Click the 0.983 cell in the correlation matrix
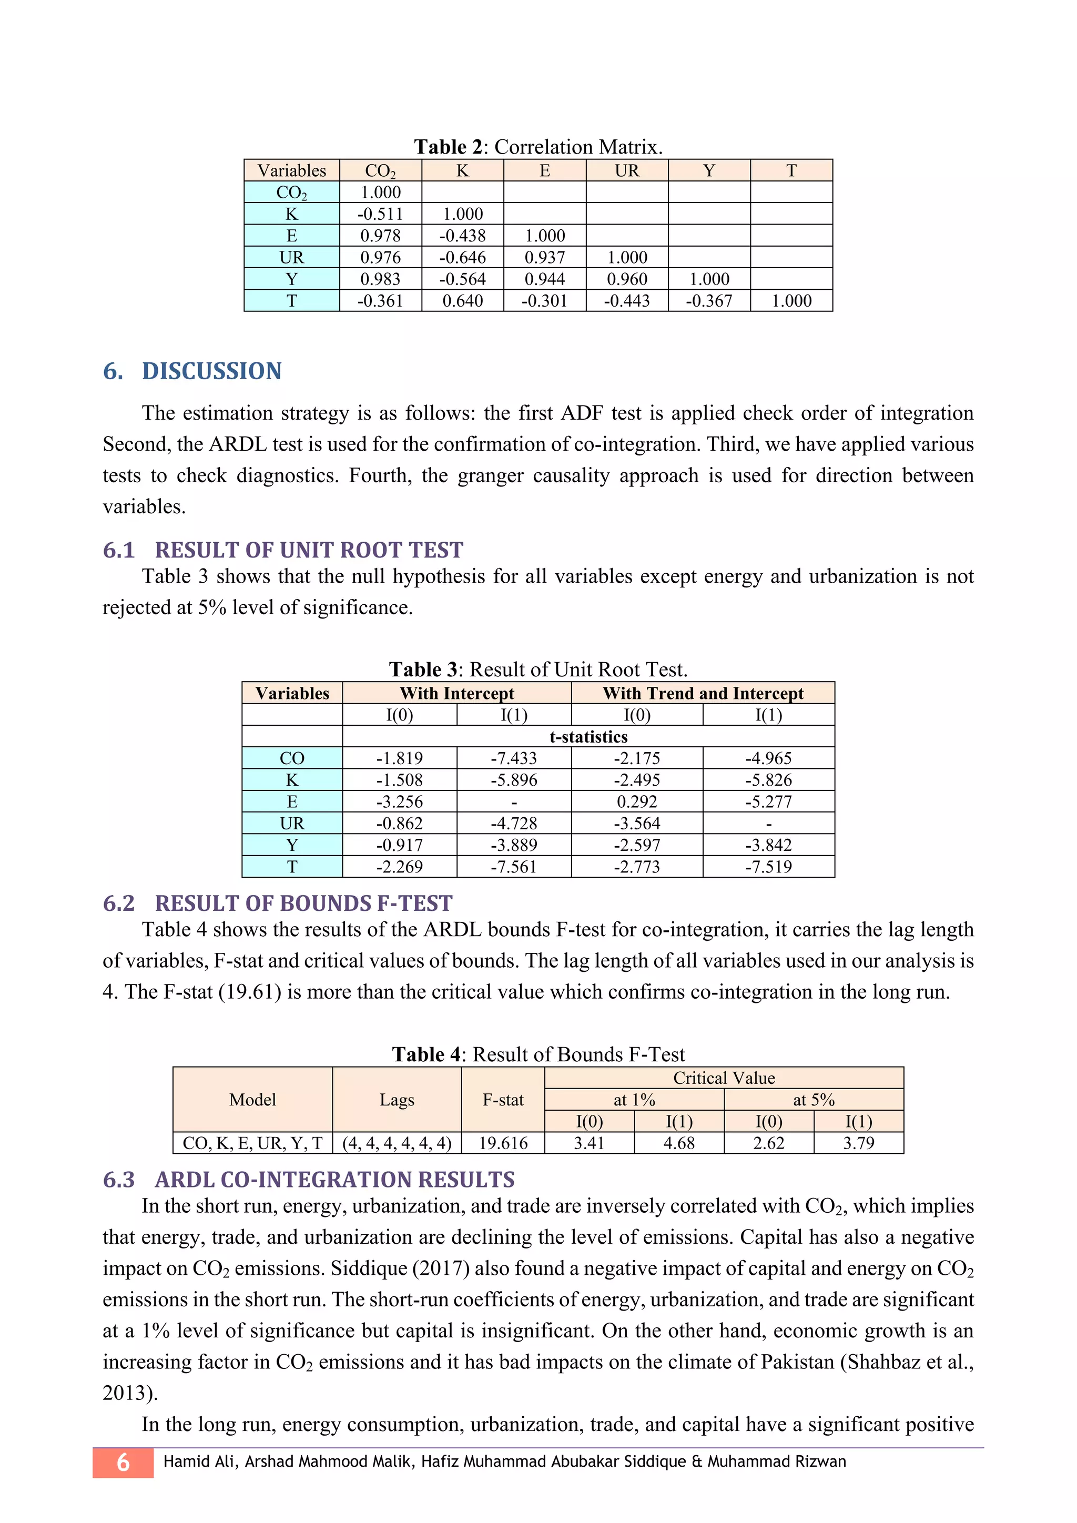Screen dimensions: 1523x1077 coord(380,279)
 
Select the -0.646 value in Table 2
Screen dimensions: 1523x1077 coord(462,257)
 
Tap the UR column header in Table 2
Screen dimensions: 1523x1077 coord(627,170)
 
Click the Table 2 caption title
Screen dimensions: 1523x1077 coord(538,147)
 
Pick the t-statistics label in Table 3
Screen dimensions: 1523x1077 coord(588,737)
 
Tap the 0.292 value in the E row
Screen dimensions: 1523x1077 coord(637,802)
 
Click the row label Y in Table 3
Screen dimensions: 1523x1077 coord(292,845)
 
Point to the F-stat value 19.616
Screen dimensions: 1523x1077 coord(503,1143)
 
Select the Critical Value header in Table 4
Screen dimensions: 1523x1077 coord(724,1078)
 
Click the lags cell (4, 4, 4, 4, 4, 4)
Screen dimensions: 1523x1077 coord(397,1143)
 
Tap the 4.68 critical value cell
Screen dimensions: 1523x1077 coord(678,1143)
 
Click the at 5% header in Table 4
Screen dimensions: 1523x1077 coord(813,1100)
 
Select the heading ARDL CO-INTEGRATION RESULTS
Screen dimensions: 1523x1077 coord(334,1180)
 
